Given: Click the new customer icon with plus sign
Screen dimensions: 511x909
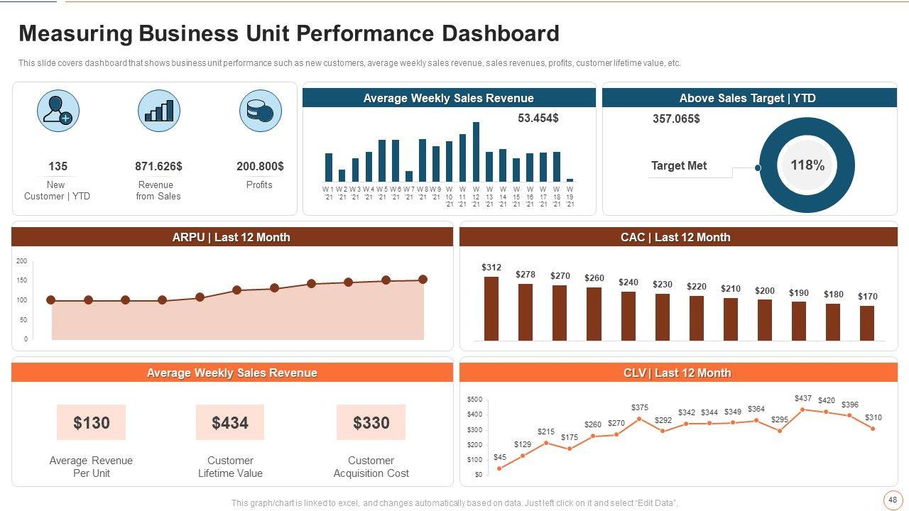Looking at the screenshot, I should (x=58, y=111).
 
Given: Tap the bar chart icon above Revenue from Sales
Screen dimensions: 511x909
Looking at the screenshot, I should (x=159, y=111).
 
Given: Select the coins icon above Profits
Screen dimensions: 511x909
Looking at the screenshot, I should (x=260, y=111).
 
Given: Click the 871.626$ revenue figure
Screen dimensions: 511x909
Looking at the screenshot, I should (x=158, y=166).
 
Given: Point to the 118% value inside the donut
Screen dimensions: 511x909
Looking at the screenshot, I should (x=807, y=165).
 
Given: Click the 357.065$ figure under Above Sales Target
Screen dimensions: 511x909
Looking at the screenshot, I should (x=676, y=119).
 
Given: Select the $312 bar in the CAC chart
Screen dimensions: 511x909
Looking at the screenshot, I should (x=491, y=309).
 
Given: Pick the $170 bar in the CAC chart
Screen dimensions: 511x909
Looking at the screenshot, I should (x=867, y=323).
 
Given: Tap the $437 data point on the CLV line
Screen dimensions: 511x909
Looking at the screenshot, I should (x=802, y=410).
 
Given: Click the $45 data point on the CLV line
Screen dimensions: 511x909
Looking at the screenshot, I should (x=499, y=468).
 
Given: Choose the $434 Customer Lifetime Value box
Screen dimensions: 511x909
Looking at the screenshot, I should (x=230, y=423).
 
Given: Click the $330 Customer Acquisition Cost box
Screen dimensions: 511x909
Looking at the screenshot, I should (x=371, y=423).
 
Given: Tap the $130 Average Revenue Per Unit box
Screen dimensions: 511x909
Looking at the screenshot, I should (x=92, y=423).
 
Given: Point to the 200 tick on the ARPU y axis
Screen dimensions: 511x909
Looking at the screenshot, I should (x=21, y=261).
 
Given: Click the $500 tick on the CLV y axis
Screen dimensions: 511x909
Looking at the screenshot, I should (x=474, y=400).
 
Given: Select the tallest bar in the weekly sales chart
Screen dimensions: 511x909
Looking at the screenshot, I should (x=476, y=152).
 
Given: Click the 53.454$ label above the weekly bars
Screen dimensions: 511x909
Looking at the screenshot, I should (x=538, y=118).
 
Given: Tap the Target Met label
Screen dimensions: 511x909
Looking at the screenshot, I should (x=679, y=166).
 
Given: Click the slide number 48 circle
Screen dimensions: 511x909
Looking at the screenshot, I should (x=892, y=500).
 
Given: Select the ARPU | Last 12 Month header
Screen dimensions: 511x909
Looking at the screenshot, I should (x=232, y=237).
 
